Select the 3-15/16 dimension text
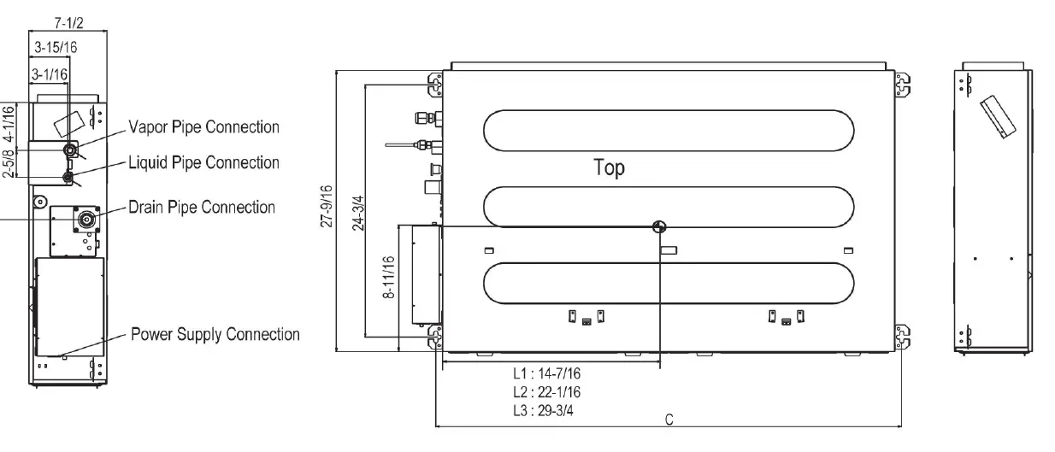pyautogui.click(x=56, y=47)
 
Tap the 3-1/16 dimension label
pyautogui.click(x=50, y=75)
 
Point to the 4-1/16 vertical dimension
pyautogui.click(x=9, y=121)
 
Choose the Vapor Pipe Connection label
pyautogui.click(x=203, y=127)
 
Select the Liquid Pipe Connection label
pyautogui.click(x=203, y=162)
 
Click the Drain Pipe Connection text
pyautogui.click(x=202, y=208)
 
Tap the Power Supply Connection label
pyautogui.click(x=215, y=334)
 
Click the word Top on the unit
pyautogui.click(x=609, y=168)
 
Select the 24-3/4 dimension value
pyautogui.click(x=357, y=210)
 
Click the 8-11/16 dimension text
pyautogui.click(x=390, y=276)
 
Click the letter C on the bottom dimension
pyautogui.click(x=669, y=419)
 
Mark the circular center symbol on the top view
pyautogui.click(x=658, y=226)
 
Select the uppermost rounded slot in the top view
pyautogui.click(x=669, y=131)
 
